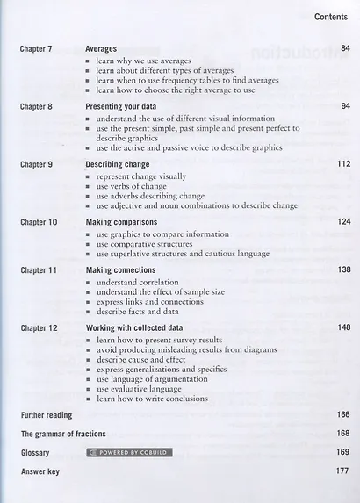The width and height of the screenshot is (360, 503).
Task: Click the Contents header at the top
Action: (x=331, y=17)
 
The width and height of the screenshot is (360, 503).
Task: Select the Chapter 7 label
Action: (x=37, y=49)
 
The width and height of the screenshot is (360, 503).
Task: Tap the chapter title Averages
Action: (x=103, y=49)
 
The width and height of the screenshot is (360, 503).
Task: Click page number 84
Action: (x=345, y=49)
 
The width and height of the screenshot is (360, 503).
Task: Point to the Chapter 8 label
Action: (x=37, y=106)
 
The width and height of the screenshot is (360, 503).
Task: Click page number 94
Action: (x=345, y=106)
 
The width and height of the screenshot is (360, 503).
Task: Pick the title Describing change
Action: (x=118, y=164)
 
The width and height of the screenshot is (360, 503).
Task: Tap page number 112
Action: (x=343, y=164)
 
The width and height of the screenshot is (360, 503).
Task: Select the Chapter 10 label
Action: (x=39, y=222)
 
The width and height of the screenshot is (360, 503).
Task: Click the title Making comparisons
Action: (x=121, y=222)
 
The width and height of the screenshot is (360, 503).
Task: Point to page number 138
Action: (x=343, y=269)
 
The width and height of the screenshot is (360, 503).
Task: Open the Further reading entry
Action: (x=47, y=415)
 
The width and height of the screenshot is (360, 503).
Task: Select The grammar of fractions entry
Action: (x=63, y=434)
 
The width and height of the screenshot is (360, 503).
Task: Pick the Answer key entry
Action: (x=40, y=471)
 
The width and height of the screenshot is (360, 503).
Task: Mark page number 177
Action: (x=343, y=471)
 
